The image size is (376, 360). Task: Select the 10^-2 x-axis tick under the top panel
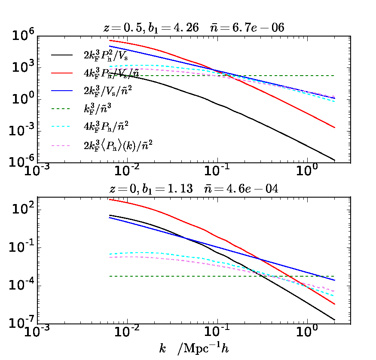(127, 172)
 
